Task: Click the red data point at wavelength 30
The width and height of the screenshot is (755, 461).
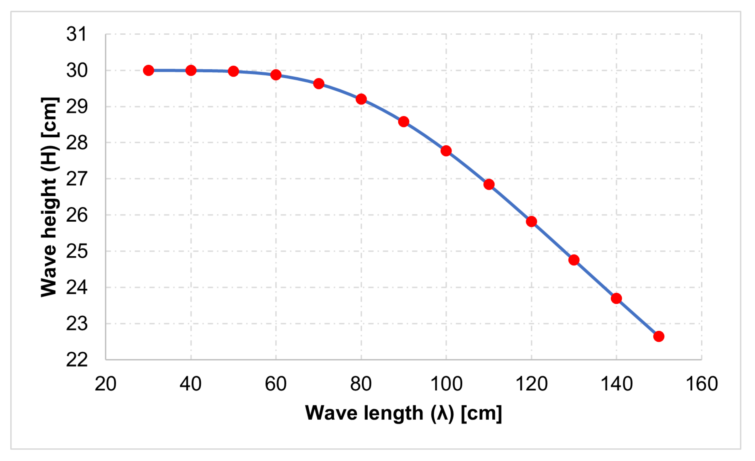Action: [x=149, y=70]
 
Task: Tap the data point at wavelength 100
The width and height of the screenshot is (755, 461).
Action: [x=446, y=151]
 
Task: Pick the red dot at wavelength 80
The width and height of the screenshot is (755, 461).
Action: [x=361, y=99]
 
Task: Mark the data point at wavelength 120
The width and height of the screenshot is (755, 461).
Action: [x=531, y=221]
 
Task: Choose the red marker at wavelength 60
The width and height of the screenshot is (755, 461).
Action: [x=276, y=75]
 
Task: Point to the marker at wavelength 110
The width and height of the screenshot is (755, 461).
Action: [x=489, y=184]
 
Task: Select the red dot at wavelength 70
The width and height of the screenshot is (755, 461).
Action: [x=319, y=83]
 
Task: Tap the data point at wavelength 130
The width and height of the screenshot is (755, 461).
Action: [x=574, y=260]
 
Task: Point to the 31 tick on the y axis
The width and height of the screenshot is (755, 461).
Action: [x=76, y=34]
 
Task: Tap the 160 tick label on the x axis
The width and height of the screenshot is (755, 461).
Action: [x=701, y=384]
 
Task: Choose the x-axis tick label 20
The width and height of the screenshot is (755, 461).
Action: [x=105, y=384]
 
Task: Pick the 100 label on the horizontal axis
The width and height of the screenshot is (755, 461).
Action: [x=446, y=384]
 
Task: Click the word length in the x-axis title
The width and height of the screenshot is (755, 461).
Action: [x=393, y=413]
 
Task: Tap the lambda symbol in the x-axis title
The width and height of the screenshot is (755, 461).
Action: [x=442, y=413]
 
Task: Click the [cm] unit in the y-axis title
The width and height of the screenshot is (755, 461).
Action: [x=49, y=118]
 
